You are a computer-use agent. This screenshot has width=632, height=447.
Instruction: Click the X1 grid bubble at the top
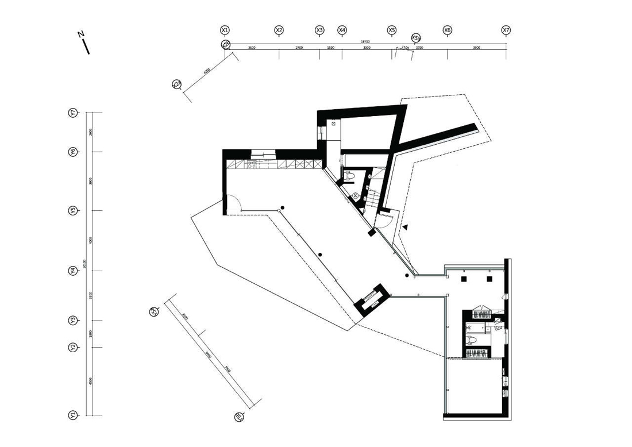click(225, 30)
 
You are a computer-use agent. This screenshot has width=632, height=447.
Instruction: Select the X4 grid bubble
click(342, 30)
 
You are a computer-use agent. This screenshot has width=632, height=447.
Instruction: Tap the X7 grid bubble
click(506, 30)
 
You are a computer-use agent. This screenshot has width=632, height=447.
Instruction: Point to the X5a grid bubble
click(415, 38)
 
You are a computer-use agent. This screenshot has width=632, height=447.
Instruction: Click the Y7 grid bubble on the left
click(73, 113)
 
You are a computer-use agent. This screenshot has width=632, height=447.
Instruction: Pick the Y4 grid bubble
click(73, 271)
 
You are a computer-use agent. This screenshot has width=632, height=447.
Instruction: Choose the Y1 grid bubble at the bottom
click(73, 415)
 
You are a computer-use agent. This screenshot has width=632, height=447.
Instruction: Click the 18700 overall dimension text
click(365, 41)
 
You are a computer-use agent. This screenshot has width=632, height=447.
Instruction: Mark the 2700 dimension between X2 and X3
click(299, 48)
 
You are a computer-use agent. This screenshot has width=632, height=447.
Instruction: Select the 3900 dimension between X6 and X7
click(476, 48)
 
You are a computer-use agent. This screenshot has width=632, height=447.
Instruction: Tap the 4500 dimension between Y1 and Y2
click(91, 381)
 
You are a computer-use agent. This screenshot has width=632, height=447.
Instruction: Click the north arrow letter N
click(81, 34)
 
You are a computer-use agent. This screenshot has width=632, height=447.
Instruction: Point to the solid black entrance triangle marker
click(405, 227)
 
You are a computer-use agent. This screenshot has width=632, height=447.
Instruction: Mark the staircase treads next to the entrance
click(375, 192)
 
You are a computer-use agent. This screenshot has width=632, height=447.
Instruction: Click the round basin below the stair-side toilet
click(356, 196)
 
